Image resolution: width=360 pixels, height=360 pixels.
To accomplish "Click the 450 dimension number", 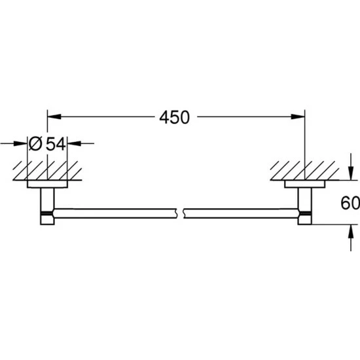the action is click(175, 117).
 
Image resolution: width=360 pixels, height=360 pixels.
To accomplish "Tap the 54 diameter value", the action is click(56, 144).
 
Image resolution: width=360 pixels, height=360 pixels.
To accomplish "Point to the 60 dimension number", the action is click(350, 203).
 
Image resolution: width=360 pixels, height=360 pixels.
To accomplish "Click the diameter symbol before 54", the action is click(35, 144).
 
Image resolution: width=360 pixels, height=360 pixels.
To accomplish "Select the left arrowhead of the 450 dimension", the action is click(54, 117).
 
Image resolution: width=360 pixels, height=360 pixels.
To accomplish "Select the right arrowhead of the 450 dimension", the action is click(298, 117).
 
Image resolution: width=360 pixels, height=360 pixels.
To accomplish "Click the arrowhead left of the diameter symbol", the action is click(20, 144).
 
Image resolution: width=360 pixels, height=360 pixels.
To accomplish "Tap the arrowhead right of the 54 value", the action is click(75, 144).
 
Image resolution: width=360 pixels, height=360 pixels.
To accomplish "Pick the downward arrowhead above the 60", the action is click(351, 173).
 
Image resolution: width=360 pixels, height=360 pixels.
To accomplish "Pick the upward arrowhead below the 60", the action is click(351, 231).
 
